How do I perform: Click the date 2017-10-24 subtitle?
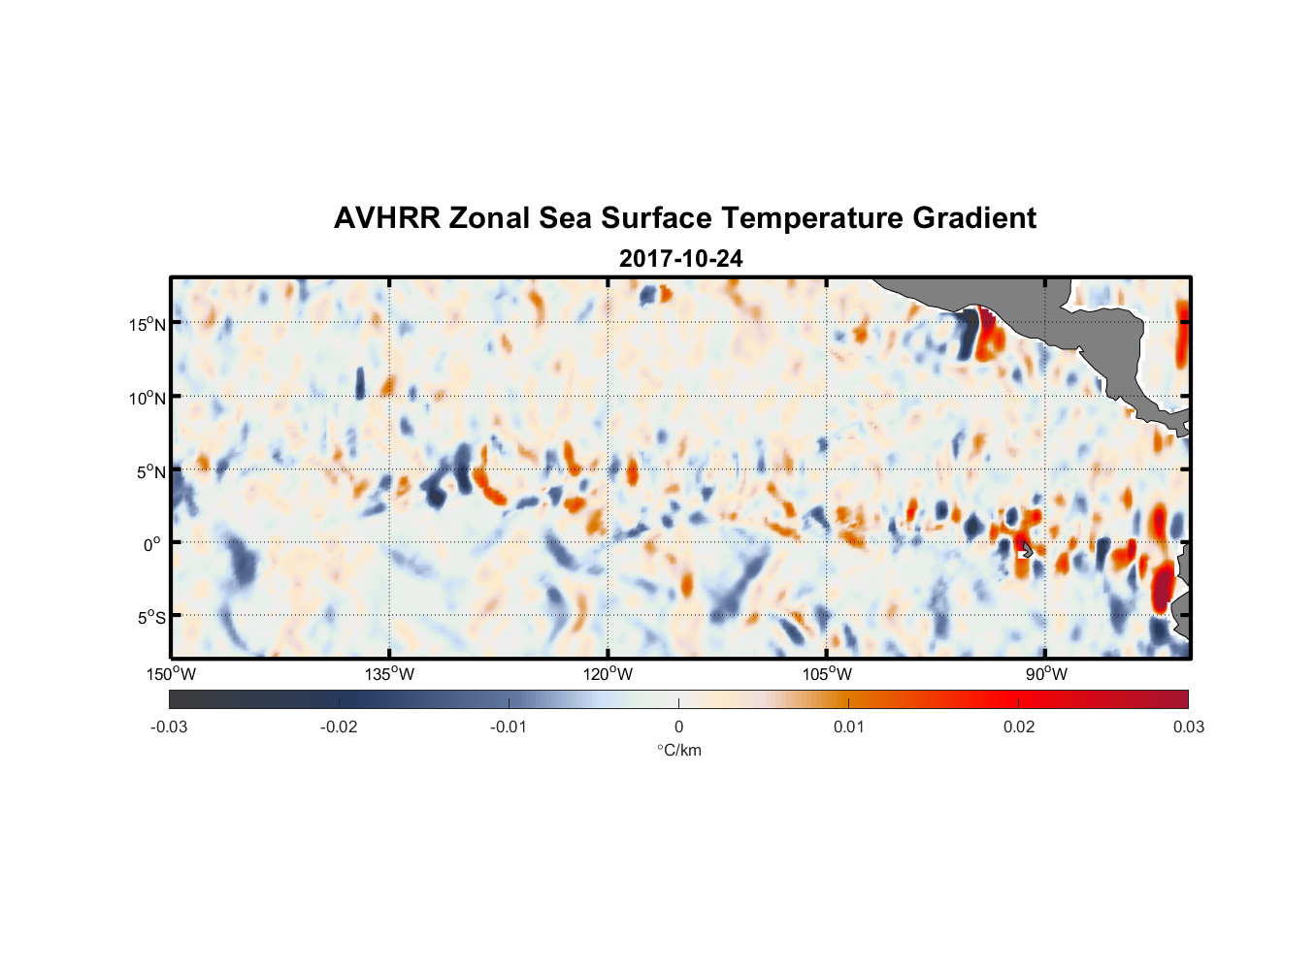coord(681,259)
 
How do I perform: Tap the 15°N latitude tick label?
coord(148,324)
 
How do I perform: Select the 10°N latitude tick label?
coord(148,398)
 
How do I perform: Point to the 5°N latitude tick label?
coord(150,471)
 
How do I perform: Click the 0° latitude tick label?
coord(152,545)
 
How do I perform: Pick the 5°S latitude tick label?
coord(150,618)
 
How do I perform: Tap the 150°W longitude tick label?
coord(171,675)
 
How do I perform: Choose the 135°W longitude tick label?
coord(389,675)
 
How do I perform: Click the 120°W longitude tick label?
coord(608,675)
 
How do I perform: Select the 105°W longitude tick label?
coord(827,675)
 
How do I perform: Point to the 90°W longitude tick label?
coord(1045,675)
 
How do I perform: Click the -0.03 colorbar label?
coord(169,727)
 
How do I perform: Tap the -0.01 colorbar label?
coord(509,727)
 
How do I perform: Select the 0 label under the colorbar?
coord(678,727)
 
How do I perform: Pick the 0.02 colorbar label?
coord(1019,727)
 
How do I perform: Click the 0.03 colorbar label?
coord(1188,727)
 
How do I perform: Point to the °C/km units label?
coord(679,751)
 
